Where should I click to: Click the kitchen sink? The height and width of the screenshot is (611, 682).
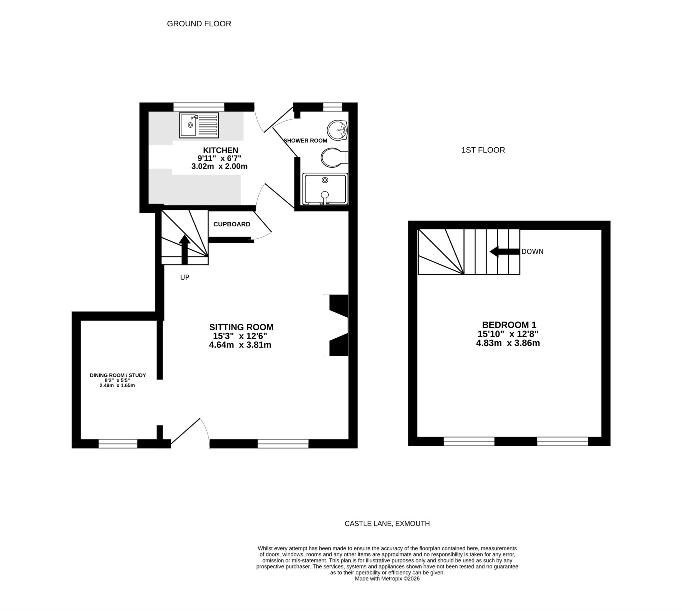point(199,125)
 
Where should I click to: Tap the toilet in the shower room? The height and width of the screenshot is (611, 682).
point(332,157)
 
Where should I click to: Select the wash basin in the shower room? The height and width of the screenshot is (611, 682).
point(337,130)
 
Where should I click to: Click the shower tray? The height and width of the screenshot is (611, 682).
point(325,189)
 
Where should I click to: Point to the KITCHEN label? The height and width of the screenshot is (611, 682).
point(220,150)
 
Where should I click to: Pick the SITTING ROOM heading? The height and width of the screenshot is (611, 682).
point(241,327)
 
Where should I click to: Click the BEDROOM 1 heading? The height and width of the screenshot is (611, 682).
point(509,325)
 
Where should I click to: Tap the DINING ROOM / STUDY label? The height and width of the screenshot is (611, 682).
point(118,375)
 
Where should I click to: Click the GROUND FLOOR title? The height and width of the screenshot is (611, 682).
point(199,24)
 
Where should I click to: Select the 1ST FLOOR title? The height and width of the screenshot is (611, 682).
point(483,150)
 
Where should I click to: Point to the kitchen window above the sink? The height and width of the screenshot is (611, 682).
point(198,107)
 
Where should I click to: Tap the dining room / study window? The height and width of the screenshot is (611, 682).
point(118,444)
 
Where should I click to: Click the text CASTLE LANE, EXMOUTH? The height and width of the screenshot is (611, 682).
point(387,523)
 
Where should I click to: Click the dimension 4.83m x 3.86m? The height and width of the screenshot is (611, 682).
point(508,343)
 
